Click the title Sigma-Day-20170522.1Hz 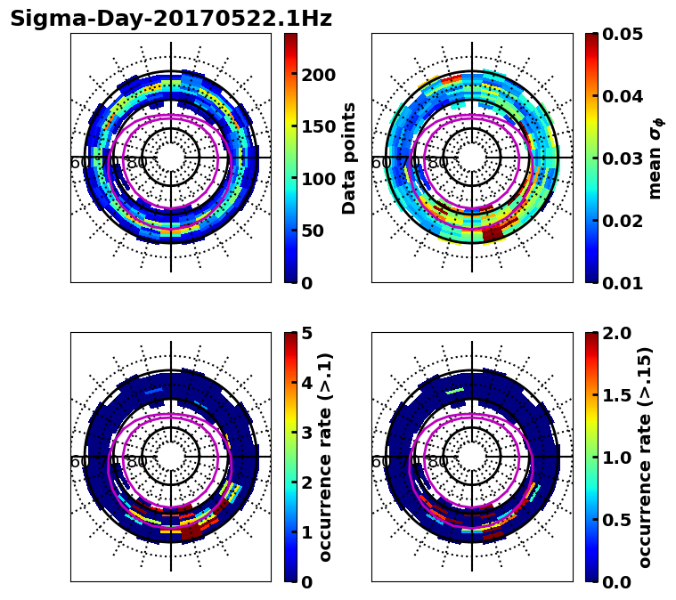[170, 19]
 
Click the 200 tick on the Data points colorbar [318, 75]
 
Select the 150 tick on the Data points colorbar [318, 126]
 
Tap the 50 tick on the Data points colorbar [313, 231]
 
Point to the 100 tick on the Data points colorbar [318, 179]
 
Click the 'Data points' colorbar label [349, 158]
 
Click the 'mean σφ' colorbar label [656, 158]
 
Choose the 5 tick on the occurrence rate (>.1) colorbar [306, 333]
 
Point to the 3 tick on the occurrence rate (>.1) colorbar [306, 433]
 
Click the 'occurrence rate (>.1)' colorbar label [326, 457]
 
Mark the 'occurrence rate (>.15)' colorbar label [645, 457]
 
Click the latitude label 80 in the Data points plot [137, 163]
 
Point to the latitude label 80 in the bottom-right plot [438, 462]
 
